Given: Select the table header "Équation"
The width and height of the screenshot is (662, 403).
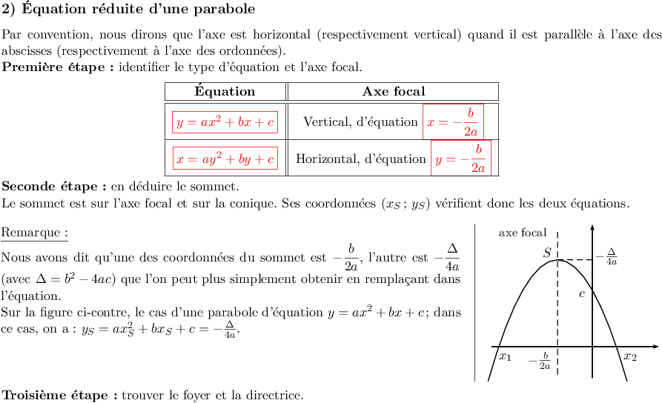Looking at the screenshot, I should pos(225,92).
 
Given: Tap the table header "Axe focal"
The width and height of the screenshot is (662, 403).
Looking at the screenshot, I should pos(394,92).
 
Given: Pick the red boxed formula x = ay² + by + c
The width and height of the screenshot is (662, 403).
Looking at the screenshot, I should pos(225,159).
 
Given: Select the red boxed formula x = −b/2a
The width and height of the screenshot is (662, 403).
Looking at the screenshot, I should pos(453,121).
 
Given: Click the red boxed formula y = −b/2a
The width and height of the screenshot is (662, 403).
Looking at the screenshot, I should pos(461,158).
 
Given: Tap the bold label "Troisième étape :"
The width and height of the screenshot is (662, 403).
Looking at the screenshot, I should pos(60,394).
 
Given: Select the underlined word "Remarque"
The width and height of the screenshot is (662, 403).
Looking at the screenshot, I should pos(35,233).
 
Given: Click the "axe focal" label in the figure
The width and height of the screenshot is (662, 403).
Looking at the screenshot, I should pos(523,233).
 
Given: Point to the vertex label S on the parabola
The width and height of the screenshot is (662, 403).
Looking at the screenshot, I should pos(547,253).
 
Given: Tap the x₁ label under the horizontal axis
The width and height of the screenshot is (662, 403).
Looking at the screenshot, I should pos(505,357).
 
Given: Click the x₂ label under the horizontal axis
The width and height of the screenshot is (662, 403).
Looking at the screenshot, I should pos(629,357).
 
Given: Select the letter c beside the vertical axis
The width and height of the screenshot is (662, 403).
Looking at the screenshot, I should pos(583,293).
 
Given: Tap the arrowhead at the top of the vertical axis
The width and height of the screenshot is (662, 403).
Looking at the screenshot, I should pos(592,227).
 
